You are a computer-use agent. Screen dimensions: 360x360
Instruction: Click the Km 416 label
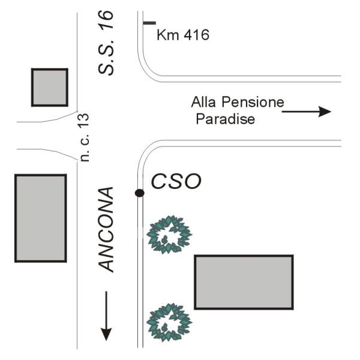point(182,35)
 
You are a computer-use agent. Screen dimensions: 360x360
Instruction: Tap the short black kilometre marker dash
point(149,23)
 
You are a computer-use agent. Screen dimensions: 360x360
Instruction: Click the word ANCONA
point(106,230)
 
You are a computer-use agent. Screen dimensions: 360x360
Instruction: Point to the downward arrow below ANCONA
point(106,314)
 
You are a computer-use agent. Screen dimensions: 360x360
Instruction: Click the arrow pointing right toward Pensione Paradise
point(307,111)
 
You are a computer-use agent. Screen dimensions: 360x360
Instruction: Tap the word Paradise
point(226,119)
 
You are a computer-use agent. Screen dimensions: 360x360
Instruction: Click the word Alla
point(202,102)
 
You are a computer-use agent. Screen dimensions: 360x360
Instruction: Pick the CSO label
point(175,181)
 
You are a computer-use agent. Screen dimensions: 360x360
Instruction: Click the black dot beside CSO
point(139,193)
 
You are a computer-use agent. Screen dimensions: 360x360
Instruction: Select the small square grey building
point(49,87)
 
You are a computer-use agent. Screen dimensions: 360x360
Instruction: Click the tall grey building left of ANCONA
point(40,218)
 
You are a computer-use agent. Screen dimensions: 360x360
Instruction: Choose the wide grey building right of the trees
point(244,281)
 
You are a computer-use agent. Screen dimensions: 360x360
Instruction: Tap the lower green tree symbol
point(169,322)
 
